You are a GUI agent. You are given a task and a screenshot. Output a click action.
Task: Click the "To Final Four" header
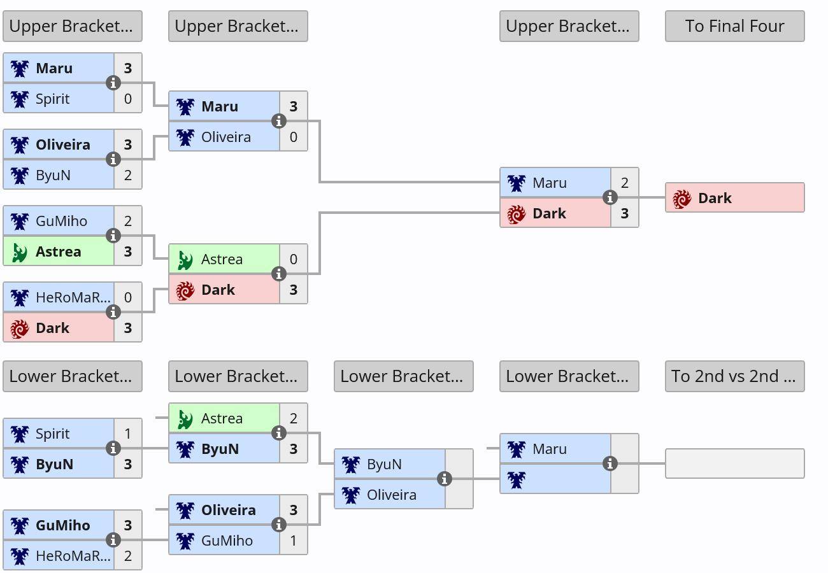pos(734,26)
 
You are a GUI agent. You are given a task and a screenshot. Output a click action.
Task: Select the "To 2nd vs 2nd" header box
pos(734,376)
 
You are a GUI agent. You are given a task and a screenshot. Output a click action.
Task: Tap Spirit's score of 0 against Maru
pos(128,99)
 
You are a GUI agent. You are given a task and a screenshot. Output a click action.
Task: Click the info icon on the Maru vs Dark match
pos(610,197)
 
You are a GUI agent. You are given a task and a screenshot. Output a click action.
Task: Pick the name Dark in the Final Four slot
pos(715,198)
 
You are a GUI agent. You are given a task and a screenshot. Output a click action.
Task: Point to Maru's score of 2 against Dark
pos(625,183)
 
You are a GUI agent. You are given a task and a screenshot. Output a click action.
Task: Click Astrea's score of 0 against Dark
pos(294,259)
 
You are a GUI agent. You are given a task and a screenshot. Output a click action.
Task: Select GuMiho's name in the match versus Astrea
pos(61,221)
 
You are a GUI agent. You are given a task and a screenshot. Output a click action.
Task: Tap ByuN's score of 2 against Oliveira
pos(128,175)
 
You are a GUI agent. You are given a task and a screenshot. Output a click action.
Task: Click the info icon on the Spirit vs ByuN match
pos(113,448)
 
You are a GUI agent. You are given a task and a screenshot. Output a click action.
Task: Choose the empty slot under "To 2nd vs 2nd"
pos(734,463)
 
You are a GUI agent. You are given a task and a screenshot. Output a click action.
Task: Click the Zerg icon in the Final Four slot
pos(682,199)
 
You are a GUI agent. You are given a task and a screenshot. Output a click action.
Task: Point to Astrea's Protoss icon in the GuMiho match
pos(19,252)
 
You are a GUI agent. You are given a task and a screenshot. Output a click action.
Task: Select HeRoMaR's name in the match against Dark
pos(73,297)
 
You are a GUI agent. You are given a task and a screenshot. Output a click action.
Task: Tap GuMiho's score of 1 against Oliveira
pos(294,541)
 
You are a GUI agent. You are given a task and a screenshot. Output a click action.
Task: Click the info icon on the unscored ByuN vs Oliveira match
pos(445,479)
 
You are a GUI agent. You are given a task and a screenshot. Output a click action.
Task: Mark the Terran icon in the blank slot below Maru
pos(517,480)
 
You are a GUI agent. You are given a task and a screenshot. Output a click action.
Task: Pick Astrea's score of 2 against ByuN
pos(294,418)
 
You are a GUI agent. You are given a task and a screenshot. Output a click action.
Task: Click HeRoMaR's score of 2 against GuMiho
pos(128,556)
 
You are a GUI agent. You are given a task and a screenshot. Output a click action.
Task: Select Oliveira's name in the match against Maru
pos(226,137)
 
